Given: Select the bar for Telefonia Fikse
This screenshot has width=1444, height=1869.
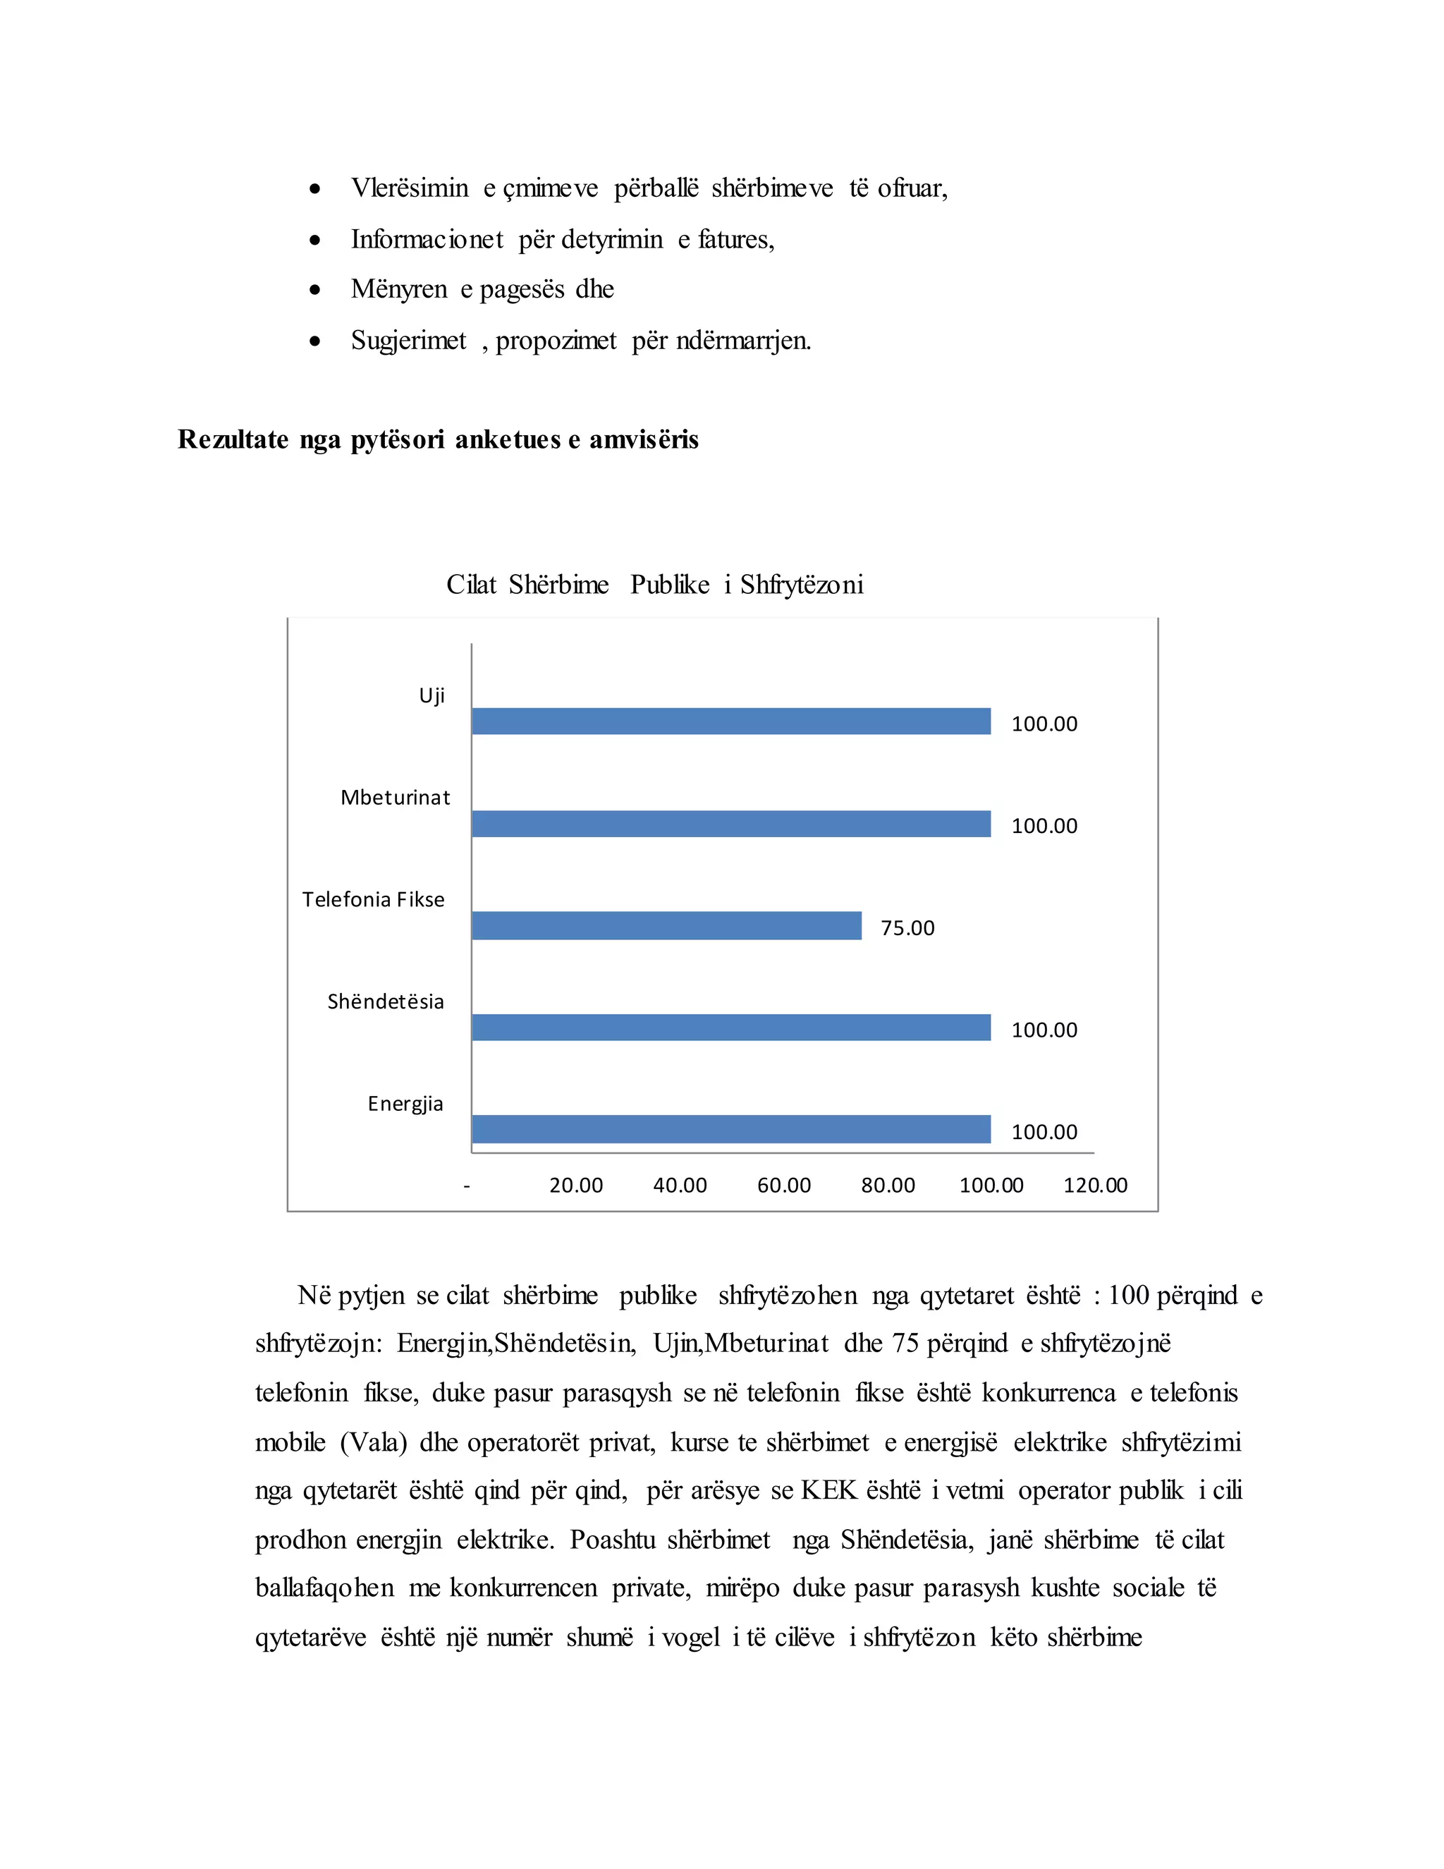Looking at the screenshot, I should [666, 926].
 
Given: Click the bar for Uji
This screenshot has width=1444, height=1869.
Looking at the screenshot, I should [730, 722].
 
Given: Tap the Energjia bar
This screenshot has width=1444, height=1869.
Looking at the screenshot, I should [730, 1130].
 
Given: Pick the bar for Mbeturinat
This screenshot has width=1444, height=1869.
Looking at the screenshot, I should [730, 824].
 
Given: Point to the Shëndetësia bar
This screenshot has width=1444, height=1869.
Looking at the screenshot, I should [730, 1028].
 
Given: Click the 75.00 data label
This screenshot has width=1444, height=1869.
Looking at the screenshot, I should [907, 929].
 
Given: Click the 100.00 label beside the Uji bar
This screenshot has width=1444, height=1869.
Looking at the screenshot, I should [1044, 724].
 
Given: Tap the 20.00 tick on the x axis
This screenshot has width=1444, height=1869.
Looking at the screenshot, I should [576, 1186].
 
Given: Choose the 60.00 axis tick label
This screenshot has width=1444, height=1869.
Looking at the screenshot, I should [783, 1186].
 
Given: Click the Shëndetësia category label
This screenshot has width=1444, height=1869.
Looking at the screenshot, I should [386, 1002].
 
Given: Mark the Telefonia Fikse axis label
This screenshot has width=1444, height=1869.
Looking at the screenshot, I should [373, 899].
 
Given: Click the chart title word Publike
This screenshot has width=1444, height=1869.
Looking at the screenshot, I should [670, 585].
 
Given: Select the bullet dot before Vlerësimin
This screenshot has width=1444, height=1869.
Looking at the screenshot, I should [316, 188].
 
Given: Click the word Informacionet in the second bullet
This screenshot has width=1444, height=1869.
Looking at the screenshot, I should [427, 240].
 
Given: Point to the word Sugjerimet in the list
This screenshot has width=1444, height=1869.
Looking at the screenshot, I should [408, 341].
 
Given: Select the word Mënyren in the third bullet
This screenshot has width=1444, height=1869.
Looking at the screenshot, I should [398, 289].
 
